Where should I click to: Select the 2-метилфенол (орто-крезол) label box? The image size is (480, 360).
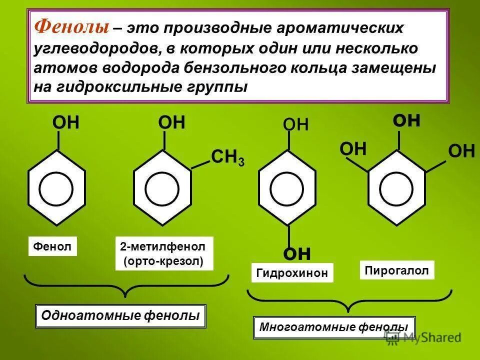[x=164, y=253]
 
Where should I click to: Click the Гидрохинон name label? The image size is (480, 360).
[x=292, y=273]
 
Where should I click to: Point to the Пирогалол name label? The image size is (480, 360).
[x=397, y=270]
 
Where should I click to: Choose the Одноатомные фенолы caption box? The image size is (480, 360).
[x=121, y=315]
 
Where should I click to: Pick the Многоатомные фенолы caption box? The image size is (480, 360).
[x=333, y=327]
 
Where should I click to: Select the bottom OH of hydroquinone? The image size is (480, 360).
[x=296, y=254]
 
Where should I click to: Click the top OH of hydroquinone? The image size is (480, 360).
[x=295, y=124]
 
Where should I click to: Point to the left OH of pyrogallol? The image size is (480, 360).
[x=353, y=149]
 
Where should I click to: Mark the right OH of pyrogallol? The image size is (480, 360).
[x=461, y=150]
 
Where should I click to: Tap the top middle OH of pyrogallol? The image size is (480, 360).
[x=406, y=121]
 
